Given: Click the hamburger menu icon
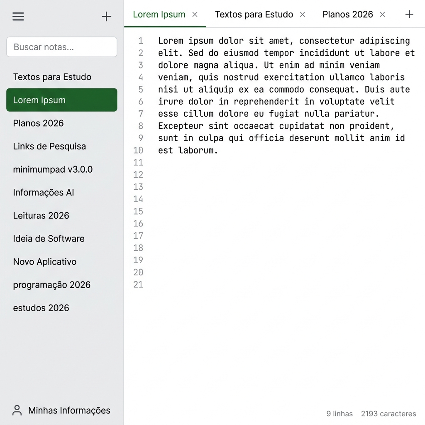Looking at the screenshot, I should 18,17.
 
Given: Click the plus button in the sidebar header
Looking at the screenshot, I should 107,17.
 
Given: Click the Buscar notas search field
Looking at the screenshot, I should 61,47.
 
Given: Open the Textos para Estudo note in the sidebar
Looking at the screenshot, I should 52,77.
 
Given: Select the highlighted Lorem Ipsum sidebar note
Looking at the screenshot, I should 61,100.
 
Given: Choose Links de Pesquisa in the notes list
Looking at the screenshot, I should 49,146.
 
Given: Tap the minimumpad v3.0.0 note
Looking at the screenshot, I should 53,169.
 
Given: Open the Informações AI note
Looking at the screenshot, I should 44,193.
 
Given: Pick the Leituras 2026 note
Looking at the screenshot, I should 41,215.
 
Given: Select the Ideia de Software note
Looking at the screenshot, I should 49,239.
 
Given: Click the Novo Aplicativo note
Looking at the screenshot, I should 45,262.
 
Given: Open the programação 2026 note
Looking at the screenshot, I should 52,285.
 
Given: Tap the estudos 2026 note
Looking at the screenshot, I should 41,308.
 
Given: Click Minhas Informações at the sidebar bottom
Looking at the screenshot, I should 62,410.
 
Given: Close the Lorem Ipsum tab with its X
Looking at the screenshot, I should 195,15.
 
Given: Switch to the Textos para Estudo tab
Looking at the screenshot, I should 254,15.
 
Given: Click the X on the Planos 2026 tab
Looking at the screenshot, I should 382,15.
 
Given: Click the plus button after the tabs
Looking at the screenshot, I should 409,15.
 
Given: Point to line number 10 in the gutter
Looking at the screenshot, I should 138,150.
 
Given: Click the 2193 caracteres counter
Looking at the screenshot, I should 388,414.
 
